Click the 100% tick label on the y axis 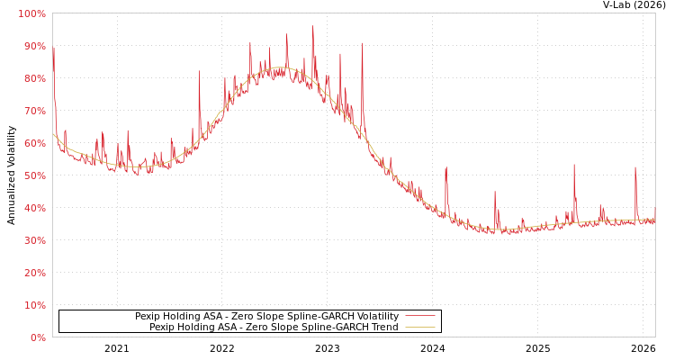click(31, 14)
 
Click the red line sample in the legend click(419, 317)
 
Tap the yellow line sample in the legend click(419, 328)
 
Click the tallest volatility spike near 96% click(313, 27)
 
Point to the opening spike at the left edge click(53, 49)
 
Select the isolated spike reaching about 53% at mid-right click(445, 167)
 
